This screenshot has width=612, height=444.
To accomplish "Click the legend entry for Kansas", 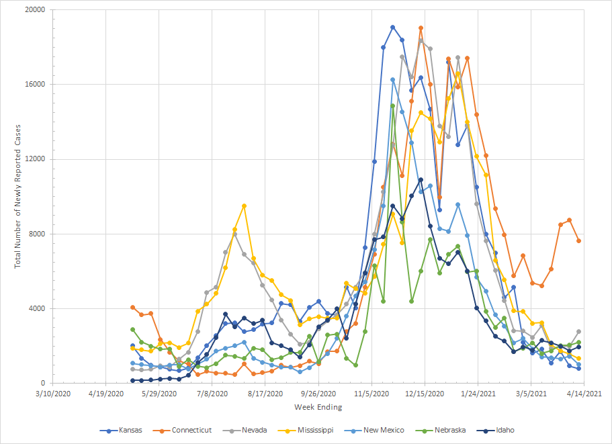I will tap(128, 430).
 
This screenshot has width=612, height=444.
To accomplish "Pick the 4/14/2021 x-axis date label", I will tap(582, 394).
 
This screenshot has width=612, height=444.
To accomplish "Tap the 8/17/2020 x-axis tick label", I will tap(265, 394).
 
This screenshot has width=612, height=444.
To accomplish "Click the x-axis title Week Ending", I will tap(318, 407).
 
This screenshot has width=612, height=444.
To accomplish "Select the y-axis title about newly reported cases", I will tap(18, 197).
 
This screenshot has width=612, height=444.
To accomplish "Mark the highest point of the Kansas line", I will tap(393, 28).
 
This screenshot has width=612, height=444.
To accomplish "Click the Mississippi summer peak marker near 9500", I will tap(245, 206).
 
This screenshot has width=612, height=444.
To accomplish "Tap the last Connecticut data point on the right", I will tap(579, 240).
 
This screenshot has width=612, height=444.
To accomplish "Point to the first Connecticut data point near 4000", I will tap(132, 307).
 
